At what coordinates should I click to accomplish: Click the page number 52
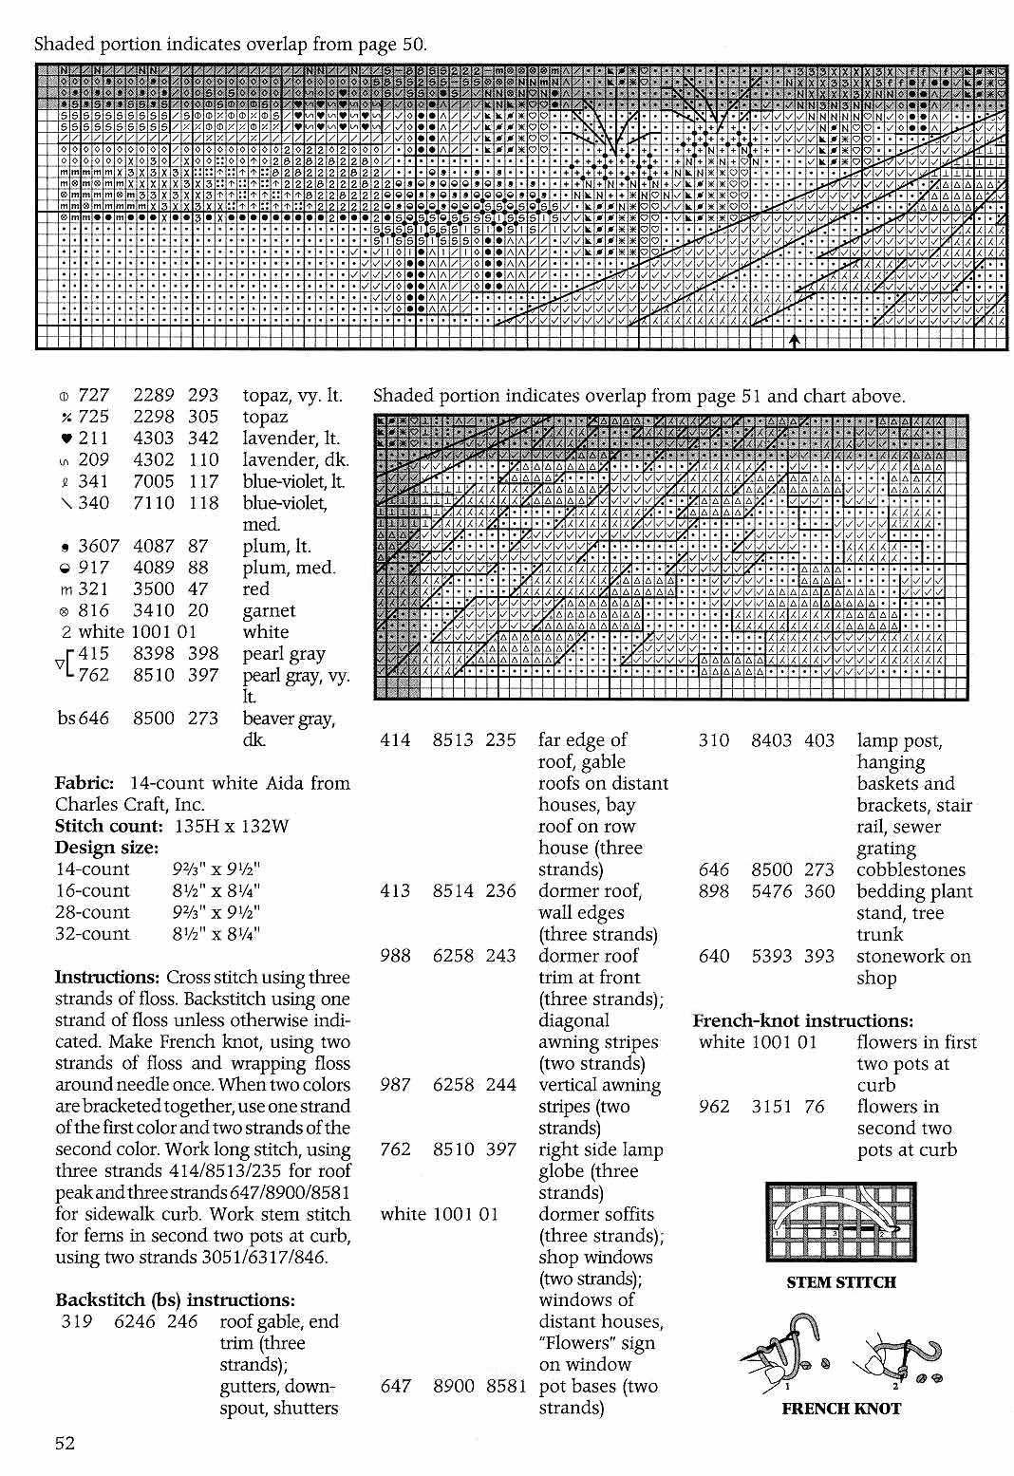[x=65, y=1444]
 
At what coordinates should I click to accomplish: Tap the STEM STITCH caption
[x=840, y=1282]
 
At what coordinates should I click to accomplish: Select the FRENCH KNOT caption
[x=840, y=1409]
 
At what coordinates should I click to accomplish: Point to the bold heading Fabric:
[x=85, y=783]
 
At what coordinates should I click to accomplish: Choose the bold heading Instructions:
[x=107, y=978]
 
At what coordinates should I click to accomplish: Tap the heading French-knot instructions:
[x=802, y=1020]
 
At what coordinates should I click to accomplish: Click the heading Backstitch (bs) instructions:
[x=175, y=1300]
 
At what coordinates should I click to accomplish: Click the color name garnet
[x=269, y=610]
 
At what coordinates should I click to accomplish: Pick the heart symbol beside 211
[x=65, y=439]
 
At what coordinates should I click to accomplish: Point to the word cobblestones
[x=911, y=869]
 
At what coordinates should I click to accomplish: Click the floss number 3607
[x=98, y=546]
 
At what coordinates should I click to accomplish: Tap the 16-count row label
[x=92, y=890]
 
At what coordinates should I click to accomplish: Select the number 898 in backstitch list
[x=714, y=891]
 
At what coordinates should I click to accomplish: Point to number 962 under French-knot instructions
[x=714, y=1107]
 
